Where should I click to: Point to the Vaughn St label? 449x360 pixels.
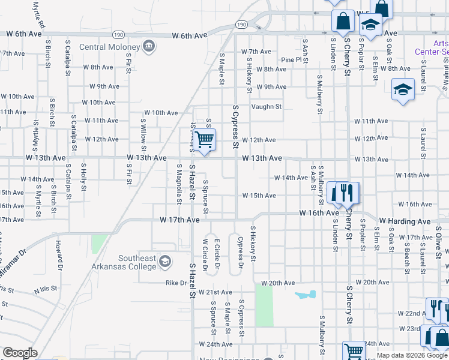267,107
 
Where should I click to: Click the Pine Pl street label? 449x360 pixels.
291,60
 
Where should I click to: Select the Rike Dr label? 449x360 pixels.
175,283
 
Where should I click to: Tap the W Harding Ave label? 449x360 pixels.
405,221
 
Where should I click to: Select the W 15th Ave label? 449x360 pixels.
259,196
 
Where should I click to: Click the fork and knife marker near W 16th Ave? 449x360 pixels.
346,193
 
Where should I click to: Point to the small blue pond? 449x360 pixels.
305,295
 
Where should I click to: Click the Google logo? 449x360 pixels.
20,353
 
